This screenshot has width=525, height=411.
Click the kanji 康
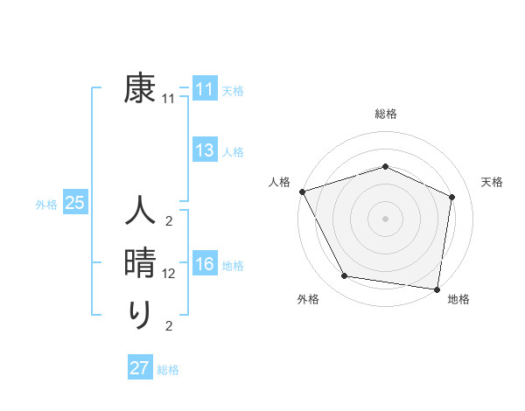[x=140, y=90]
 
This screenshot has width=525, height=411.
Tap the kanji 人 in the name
[x=140, y=213]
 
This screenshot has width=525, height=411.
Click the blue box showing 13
[x=205, y=151]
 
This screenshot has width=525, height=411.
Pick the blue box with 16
[x=205, y=265]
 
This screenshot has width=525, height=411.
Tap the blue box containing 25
[x=74, y=204]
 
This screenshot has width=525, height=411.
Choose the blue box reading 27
[x=140, y=368]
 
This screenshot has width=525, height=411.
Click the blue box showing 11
[x=205, y=90]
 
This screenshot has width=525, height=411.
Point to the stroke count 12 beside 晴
[x=169, y=274]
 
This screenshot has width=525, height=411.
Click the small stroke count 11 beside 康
[x=169, y=99]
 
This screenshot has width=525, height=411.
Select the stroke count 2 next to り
[x=169, y=326]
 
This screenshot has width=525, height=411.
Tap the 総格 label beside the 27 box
[x=168, y=370]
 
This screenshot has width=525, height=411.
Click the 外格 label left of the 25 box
[x=46, y=205]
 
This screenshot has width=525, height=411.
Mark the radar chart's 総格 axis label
[x=385, y=114]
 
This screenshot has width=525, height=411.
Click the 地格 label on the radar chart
[x=458, y=300]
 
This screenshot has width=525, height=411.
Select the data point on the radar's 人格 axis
[x=302, y=191]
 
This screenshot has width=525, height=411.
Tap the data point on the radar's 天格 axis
[x=452, y=197]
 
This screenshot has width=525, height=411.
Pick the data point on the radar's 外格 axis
[x=345, y=276]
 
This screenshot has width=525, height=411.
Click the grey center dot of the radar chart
[x=385, y=218]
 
